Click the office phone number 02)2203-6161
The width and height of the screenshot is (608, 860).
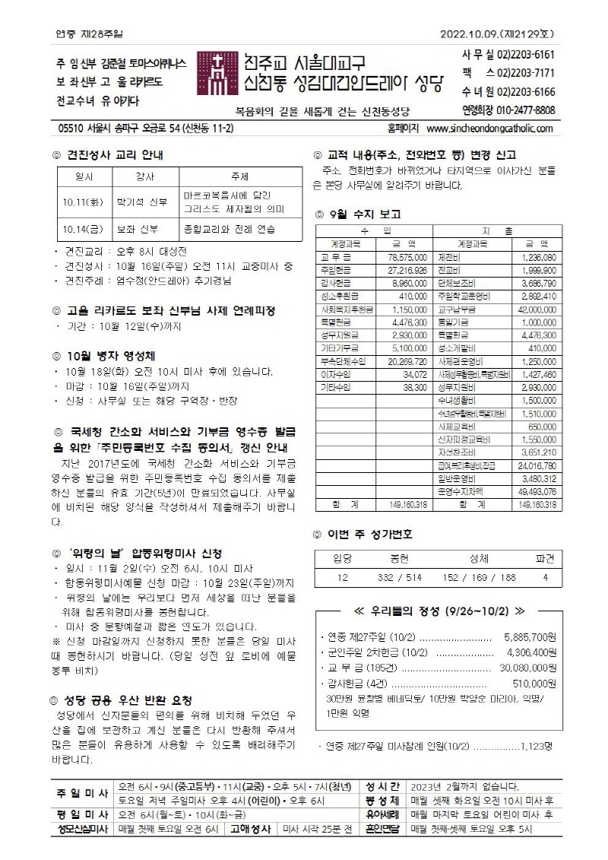527,55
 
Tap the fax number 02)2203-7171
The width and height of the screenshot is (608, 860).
527,73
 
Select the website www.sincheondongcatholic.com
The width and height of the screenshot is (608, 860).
490,129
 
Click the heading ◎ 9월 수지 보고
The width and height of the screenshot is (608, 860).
358,214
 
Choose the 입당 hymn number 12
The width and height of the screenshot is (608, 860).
342,578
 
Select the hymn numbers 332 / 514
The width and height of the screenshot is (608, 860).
399,578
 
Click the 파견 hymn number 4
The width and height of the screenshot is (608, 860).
545,578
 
